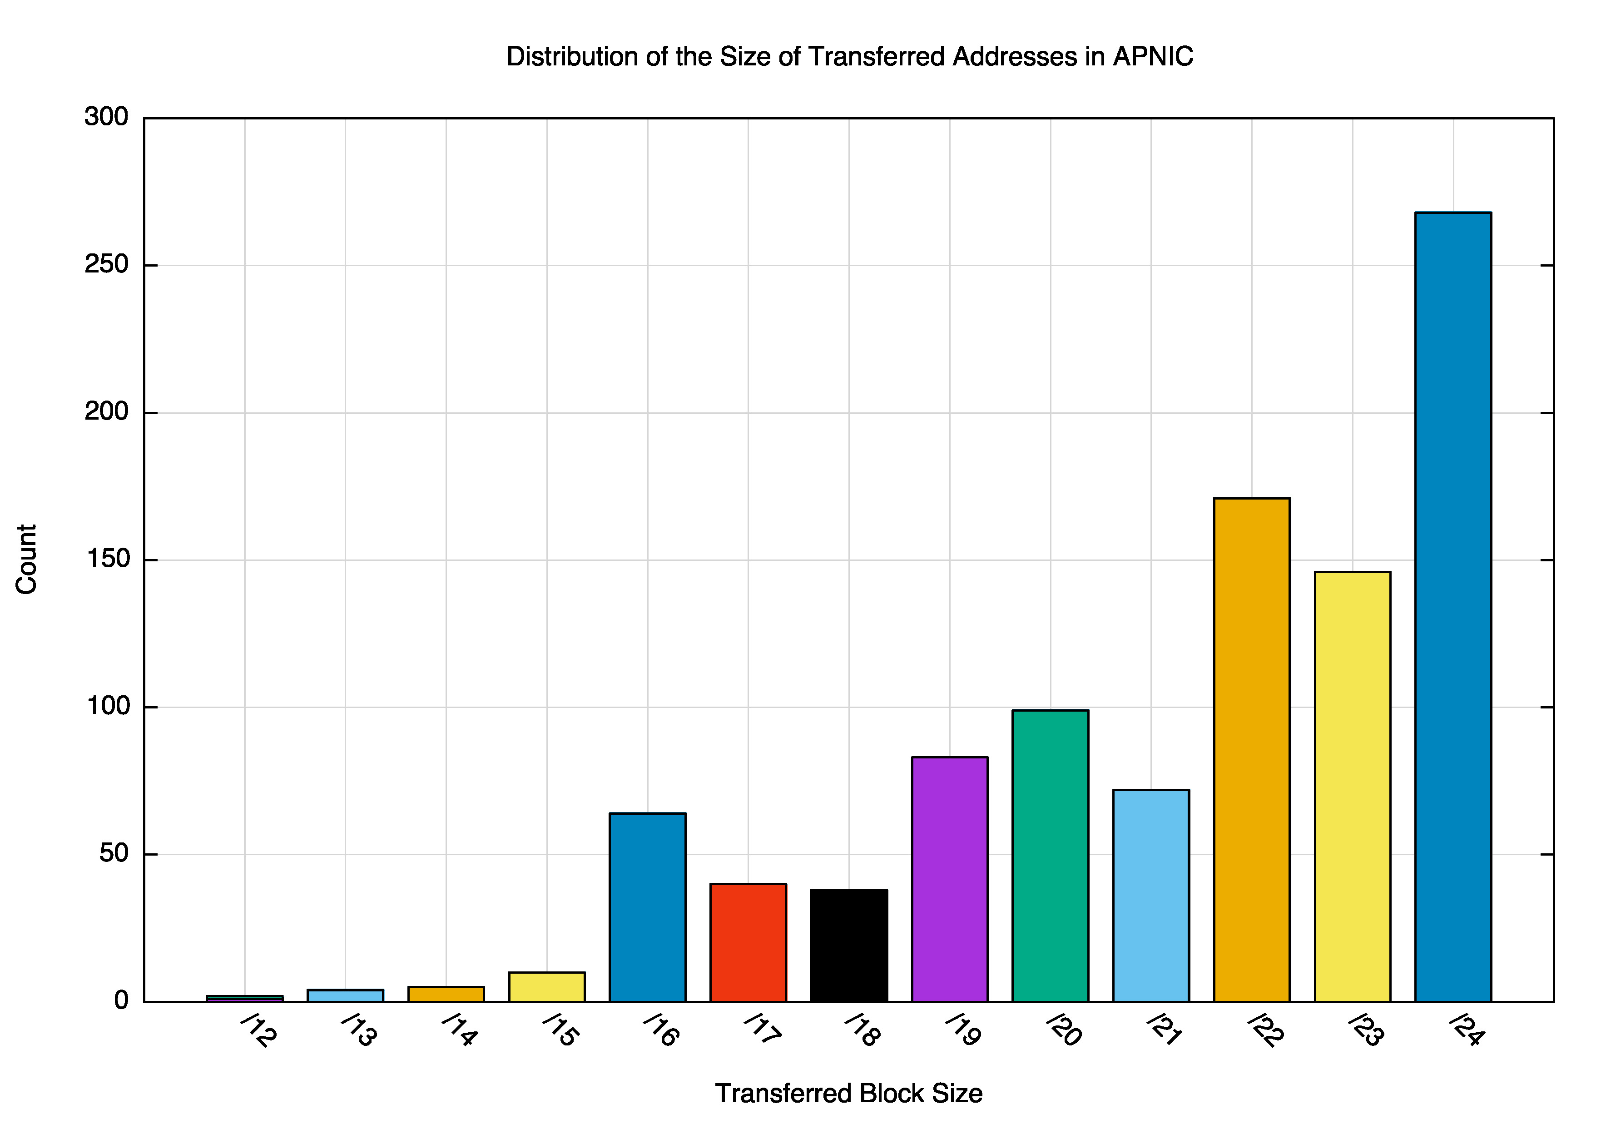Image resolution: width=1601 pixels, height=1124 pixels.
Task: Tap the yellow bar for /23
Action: [1352, 787]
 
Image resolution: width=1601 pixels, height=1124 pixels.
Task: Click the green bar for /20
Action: [1050, 856]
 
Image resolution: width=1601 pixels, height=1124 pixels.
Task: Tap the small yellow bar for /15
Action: [547, 987]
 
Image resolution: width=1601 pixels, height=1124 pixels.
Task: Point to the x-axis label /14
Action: [460, 1030]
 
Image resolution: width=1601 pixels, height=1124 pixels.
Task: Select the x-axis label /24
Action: [1467, 1030]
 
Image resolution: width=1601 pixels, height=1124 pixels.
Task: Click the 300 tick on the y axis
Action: [107, 117]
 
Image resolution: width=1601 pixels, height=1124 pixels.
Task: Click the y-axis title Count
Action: [26, 559]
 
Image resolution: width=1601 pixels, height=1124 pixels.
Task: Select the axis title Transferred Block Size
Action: [848, 1093]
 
